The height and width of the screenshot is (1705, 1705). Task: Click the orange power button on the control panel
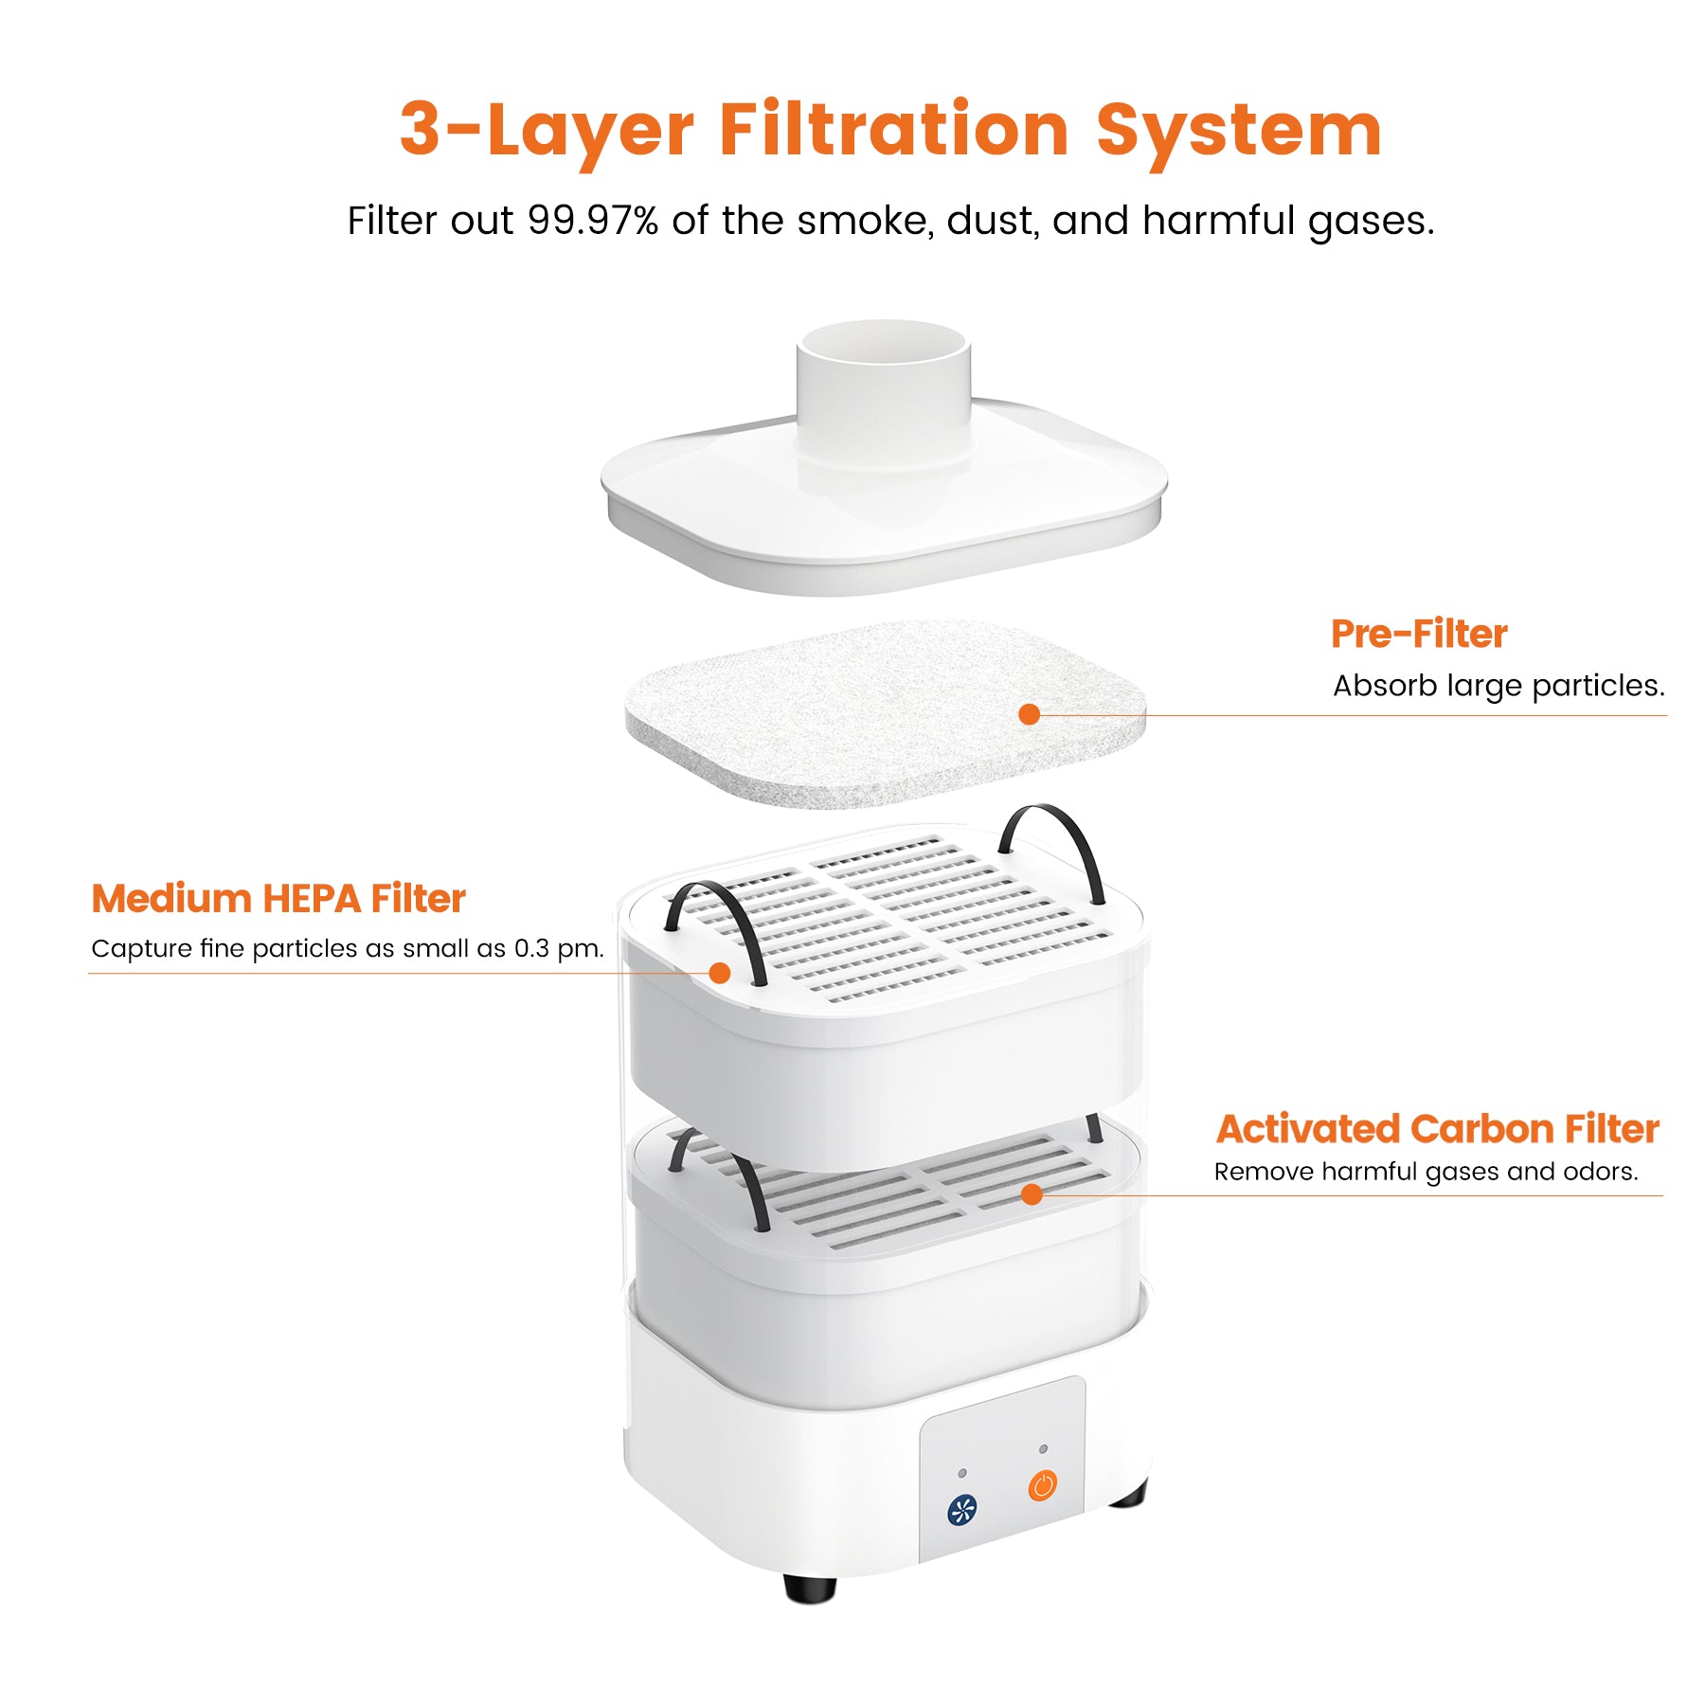coord(1042,1484)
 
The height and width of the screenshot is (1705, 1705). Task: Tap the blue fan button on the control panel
coord(962,1510)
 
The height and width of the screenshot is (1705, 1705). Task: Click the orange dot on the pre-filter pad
coord(1030,714)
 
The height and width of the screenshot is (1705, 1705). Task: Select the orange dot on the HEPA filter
coord(720,973)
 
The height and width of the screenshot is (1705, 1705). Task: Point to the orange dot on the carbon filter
coord(1032,1194)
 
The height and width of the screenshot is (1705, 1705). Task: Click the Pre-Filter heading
coord(1418,634)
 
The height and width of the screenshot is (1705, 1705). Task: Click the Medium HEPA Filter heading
coord(278,898)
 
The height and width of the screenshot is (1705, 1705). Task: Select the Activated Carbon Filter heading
coord(1437,1128)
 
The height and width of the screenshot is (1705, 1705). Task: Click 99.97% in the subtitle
coord(593,221)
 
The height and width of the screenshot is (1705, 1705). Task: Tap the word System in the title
coord(1239,131)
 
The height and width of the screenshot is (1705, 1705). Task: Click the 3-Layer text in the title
coord(547,131)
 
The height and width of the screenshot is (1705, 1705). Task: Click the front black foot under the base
coord(810,1588)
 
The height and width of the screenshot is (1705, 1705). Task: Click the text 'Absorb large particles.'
coord(1498,685)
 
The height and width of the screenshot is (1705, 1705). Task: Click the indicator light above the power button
coord(1043,1448)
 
